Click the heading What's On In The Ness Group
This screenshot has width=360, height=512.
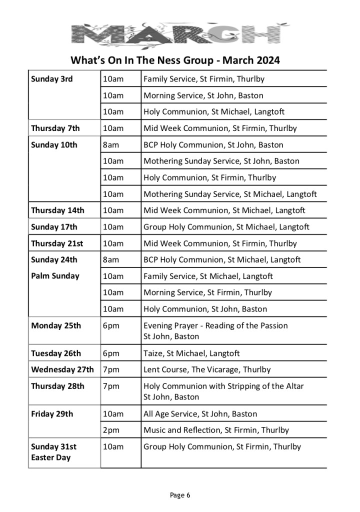coord(175,61)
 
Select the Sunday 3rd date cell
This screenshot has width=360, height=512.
coord(52,79)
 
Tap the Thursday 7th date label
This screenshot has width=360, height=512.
coord(55,128)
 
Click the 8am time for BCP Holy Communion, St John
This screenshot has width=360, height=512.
coord(110,145)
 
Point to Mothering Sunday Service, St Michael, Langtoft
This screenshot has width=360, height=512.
coord(230,194)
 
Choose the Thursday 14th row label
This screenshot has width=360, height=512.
coord(57,210)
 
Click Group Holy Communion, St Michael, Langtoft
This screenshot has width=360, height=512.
coord(226,227)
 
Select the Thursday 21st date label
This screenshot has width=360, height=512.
coord(57,243)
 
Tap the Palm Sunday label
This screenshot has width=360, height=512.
coord(55,276)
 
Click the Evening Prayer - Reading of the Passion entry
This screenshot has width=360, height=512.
coord(215,325)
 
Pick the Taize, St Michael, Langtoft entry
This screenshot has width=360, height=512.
coord(191,353)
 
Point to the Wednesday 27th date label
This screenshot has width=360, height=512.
coord(62,370)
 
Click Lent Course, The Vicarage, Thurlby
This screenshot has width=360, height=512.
coord(207,370)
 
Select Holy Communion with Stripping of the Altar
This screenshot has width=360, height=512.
coord(223,386)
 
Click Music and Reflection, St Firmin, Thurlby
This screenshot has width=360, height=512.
coord(216,430)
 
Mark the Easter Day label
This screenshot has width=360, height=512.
coord(51,457)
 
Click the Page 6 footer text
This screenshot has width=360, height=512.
coord(180,495)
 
